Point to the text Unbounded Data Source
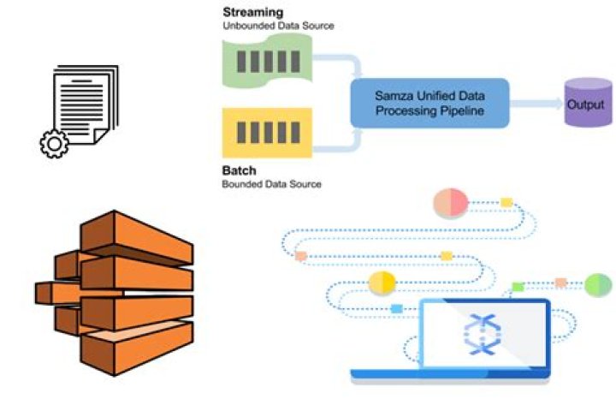(278, 26)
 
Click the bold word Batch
(240, 170)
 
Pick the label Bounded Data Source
(272, 183)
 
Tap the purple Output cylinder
(588, 104)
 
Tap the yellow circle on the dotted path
(382, 283)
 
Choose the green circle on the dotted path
(598, 283)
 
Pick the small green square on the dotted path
(518, 286)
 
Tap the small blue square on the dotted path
(396, 308)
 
